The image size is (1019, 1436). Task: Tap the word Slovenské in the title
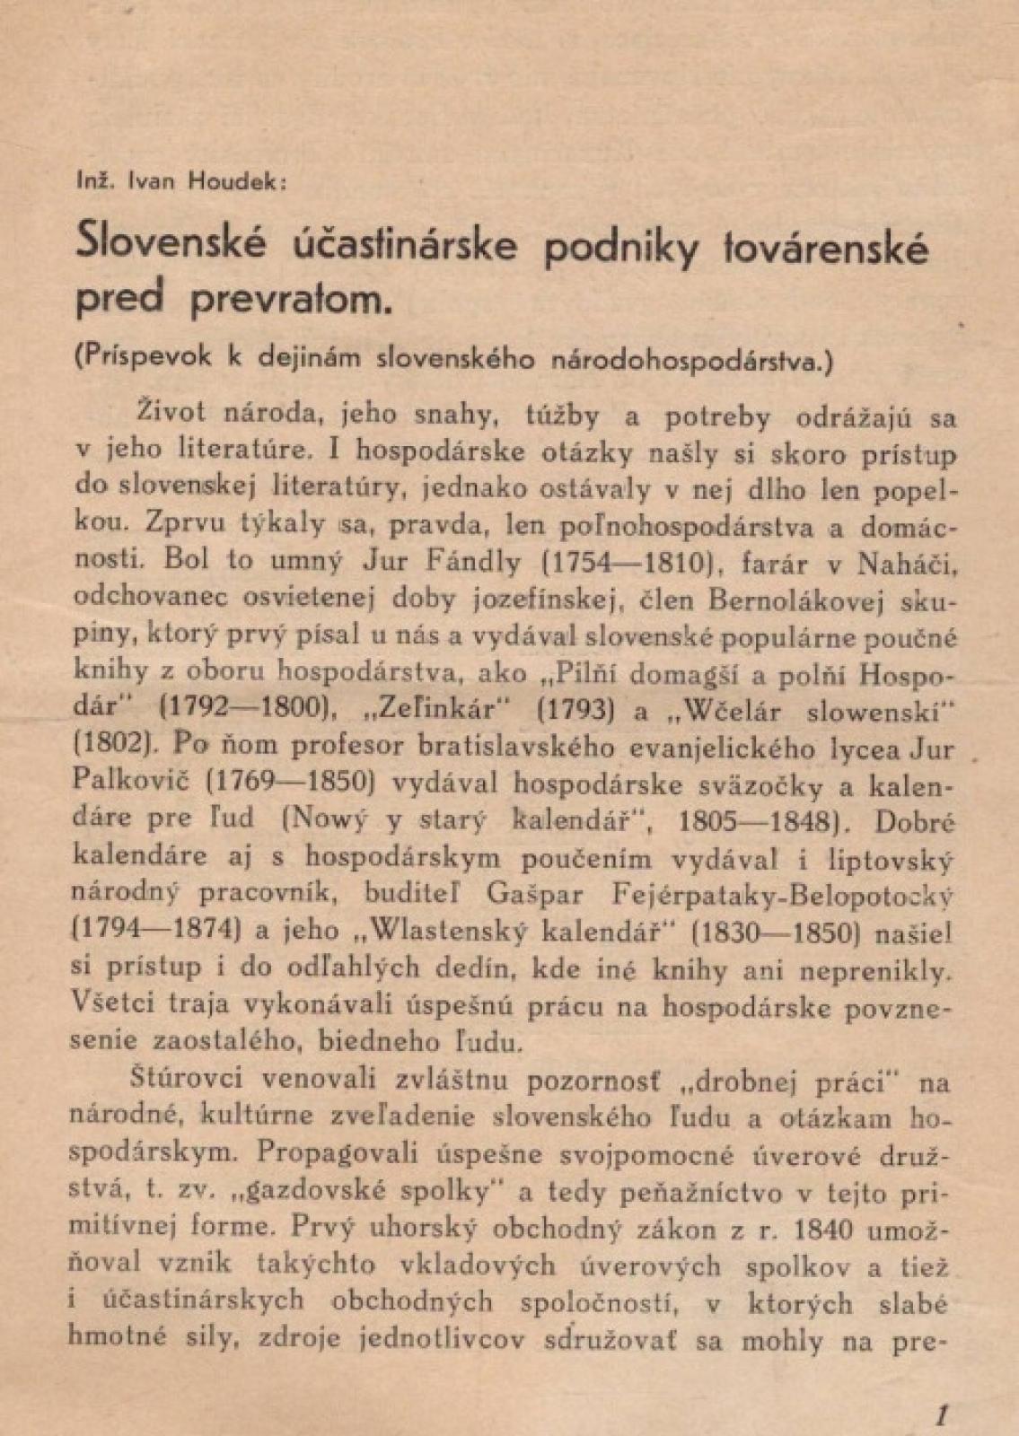tap(171, 244)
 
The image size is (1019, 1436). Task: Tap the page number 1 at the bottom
tap(941, 1415)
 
